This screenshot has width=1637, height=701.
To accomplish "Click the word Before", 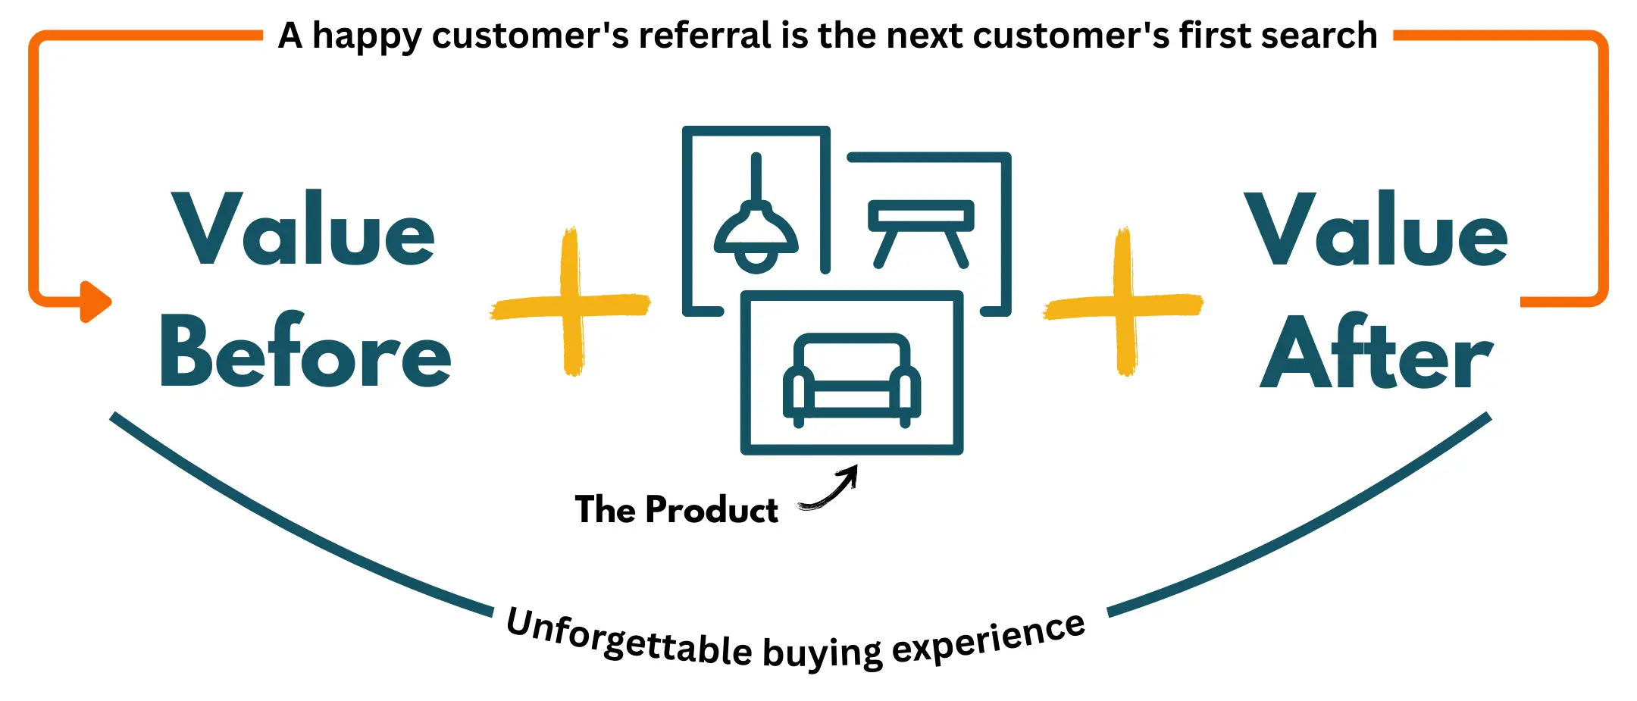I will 305,352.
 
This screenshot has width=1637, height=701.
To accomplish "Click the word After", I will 1376,353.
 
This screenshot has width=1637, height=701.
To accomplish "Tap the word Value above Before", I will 303,230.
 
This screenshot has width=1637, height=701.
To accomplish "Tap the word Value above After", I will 1376,230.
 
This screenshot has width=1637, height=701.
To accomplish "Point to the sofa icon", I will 851,379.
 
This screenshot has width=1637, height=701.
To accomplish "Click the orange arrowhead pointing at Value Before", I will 94,302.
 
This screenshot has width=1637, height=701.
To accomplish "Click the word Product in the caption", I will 712,510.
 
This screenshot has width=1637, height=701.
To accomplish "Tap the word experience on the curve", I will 989,640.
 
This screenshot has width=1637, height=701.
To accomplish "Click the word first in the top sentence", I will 1213,36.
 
